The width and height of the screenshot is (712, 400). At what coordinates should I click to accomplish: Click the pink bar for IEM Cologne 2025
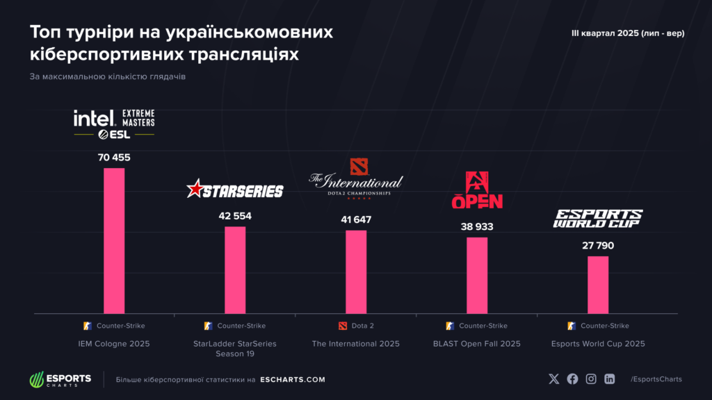click(114, 240)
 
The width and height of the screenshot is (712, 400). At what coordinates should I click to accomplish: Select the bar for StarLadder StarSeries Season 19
click(235, 269)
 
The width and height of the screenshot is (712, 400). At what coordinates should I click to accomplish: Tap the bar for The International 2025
click(356, 272)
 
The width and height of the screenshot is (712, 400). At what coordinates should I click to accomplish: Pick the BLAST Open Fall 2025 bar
click(477, 275)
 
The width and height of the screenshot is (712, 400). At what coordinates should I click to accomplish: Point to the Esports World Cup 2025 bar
click(598, 285)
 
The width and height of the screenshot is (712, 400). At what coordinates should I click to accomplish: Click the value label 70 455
click(114, 158)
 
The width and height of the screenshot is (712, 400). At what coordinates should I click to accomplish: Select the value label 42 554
click(235, 216)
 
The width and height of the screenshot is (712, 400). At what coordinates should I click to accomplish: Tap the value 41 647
click(356, 220)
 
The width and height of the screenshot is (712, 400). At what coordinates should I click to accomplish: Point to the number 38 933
click(477, 226)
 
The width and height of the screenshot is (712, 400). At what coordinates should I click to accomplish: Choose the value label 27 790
click(598, 246)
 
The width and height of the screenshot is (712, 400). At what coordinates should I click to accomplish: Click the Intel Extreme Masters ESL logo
click(114, 124)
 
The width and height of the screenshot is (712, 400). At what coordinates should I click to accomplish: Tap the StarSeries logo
click(235, 190)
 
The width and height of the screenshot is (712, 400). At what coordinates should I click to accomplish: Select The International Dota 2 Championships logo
click(356, 179)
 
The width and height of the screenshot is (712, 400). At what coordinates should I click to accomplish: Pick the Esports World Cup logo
click(598, 219)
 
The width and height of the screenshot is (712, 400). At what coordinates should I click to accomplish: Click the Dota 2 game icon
click(341, 326)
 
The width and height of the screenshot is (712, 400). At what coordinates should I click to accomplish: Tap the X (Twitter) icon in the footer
click(553, 379)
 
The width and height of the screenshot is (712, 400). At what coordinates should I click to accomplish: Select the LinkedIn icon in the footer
click(610, 379)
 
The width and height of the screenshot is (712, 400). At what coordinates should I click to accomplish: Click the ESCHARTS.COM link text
click(292, 380)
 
